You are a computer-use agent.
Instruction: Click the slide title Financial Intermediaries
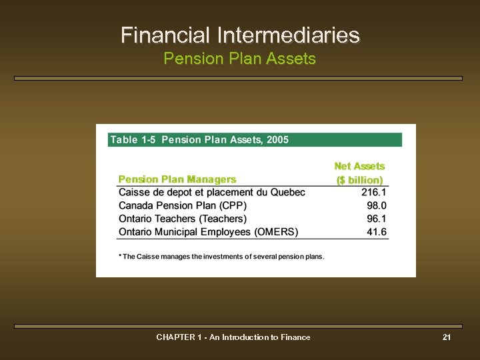pos(240,35)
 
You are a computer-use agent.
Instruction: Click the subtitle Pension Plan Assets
pos(240,59)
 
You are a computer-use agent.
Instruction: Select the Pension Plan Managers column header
pos(177,179)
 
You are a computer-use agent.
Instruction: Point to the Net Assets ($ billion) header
pos(359,173)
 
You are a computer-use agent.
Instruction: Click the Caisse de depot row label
pos(211,193)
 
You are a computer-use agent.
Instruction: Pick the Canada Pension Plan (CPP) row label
pos(186,205)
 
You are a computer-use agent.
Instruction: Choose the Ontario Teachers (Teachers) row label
pos(183,219)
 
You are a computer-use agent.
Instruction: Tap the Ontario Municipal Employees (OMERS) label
pos(208,232)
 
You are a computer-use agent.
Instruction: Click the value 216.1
pos(373,193)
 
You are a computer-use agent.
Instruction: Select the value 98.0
pos(376,205)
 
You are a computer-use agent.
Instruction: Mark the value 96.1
pos(376,219)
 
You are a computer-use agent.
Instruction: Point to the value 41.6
pos(376,232)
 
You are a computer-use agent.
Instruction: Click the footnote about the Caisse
pos(221,257)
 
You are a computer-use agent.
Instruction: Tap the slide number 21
pos(447,337)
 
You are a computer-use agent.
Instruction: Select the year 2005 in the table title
pos(277,140)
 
